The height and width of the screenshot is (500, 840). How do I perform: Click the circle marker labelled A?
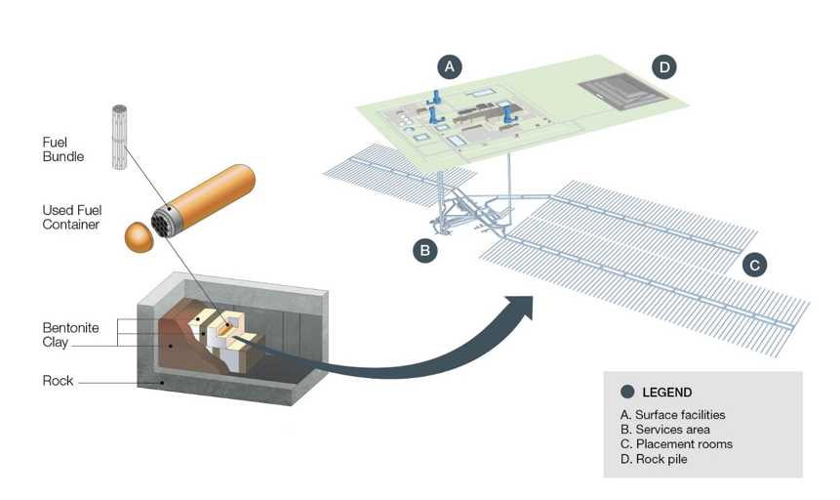coord(450,66)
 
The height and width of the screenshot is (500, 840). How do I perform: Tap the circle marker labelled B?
coord(424,250)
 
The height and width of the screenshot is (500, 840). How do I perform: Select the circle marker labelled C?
coord(753,264)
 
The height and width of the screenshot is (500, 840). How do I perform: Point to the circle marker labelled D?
coord(664,66)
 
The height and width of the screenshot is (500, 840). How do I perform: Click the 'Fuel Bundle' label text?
coord(62,149)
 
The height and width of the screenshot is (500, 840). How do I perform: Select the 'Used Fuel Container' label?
coord(71,217)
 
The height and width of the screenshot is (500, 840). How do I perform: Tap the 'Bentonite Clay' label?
coord(70,335)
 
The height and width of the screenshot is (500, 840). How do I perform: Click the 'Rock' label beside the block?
coord(58,381)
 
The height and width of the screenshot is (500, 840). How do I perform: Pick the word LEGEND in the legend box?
coord(667,393)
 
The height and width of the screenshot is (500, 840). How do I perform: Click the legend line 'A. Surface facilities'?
coord(672,415)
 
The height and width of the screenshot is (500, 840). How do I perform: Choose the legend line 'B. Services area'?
coord(664,430)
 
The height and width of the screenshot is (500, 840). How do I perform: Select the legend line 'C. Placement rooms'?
coord(676,444)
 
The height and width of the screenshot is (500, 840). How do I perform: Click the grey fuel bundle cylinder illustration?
coord(122,137)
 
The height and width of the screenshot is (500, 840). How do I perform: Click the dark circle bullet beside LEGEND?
coord(627,393)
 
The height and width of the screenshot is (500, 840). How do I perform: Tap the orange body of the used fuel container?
coord(215,195)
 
